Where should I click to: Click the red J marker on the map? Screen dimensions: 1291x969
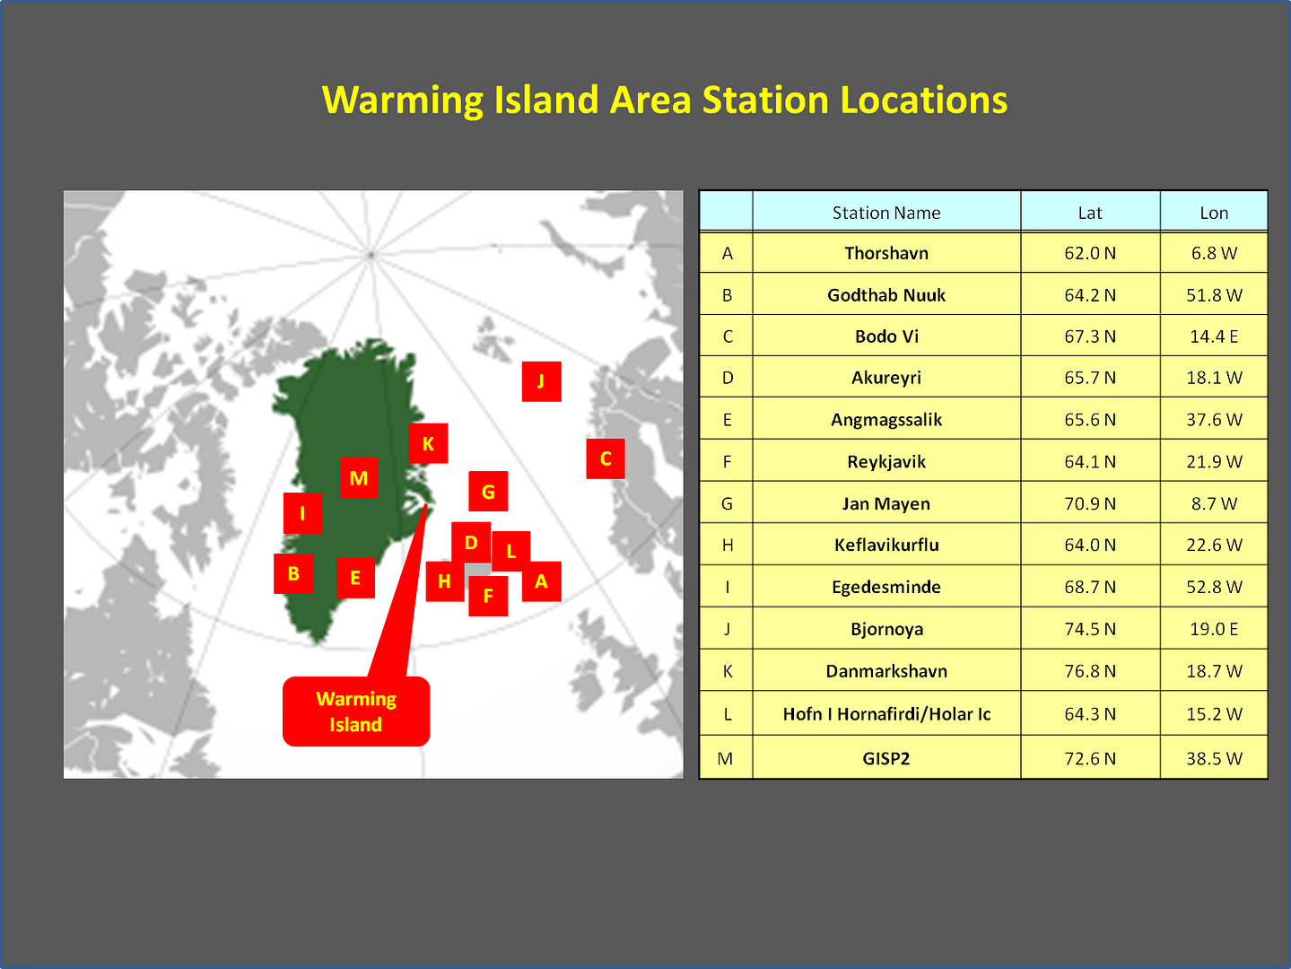tap(541, 381)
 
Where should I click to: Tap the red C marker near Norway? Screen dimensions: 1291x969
tap(606, 458)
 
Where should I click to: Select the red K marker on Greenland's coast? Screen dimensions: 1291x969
tap(428, 443)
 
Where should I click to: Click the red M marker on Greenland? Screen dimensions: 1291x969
tap(359, 478)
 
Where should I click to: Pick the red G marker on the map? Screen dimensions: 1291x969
tap(488, 492)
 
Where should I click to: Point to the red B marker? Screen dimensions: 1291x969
tap(293, 573)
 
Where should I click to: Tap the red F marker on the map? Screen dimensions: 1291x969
tap(488, 597)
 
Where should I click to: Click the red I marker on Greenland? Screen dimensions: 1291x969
tap(303, 513)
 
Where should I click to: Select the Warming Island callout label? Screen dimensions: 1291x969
tap(356, 711)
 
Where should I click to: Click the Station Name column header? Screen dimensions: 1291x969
tap(886, 213)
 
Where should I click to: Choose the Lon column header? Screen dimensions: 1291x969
tap(1214, 213)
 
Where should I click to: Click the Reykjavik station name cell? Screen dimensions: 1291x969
tap(886, 461)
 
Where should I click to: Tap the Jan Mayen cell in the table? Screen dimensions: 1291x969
tap(886, 504)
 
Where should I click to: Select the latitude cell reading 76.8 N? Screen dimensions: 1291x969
tap(1090, 671)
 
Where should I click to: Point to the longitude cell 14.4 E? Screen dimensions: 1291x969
tap(1214, 336)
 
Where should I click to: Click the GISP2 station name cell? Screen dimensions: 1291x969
tap(886, 758)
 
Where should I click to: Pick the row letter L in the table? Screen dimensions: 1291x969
tap(727, 714)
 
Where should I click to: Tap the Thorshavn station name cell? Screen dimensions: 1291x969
tap(886, 253)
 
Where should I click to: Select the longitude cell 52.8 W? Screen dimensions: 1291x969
tap(1214, 587)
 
